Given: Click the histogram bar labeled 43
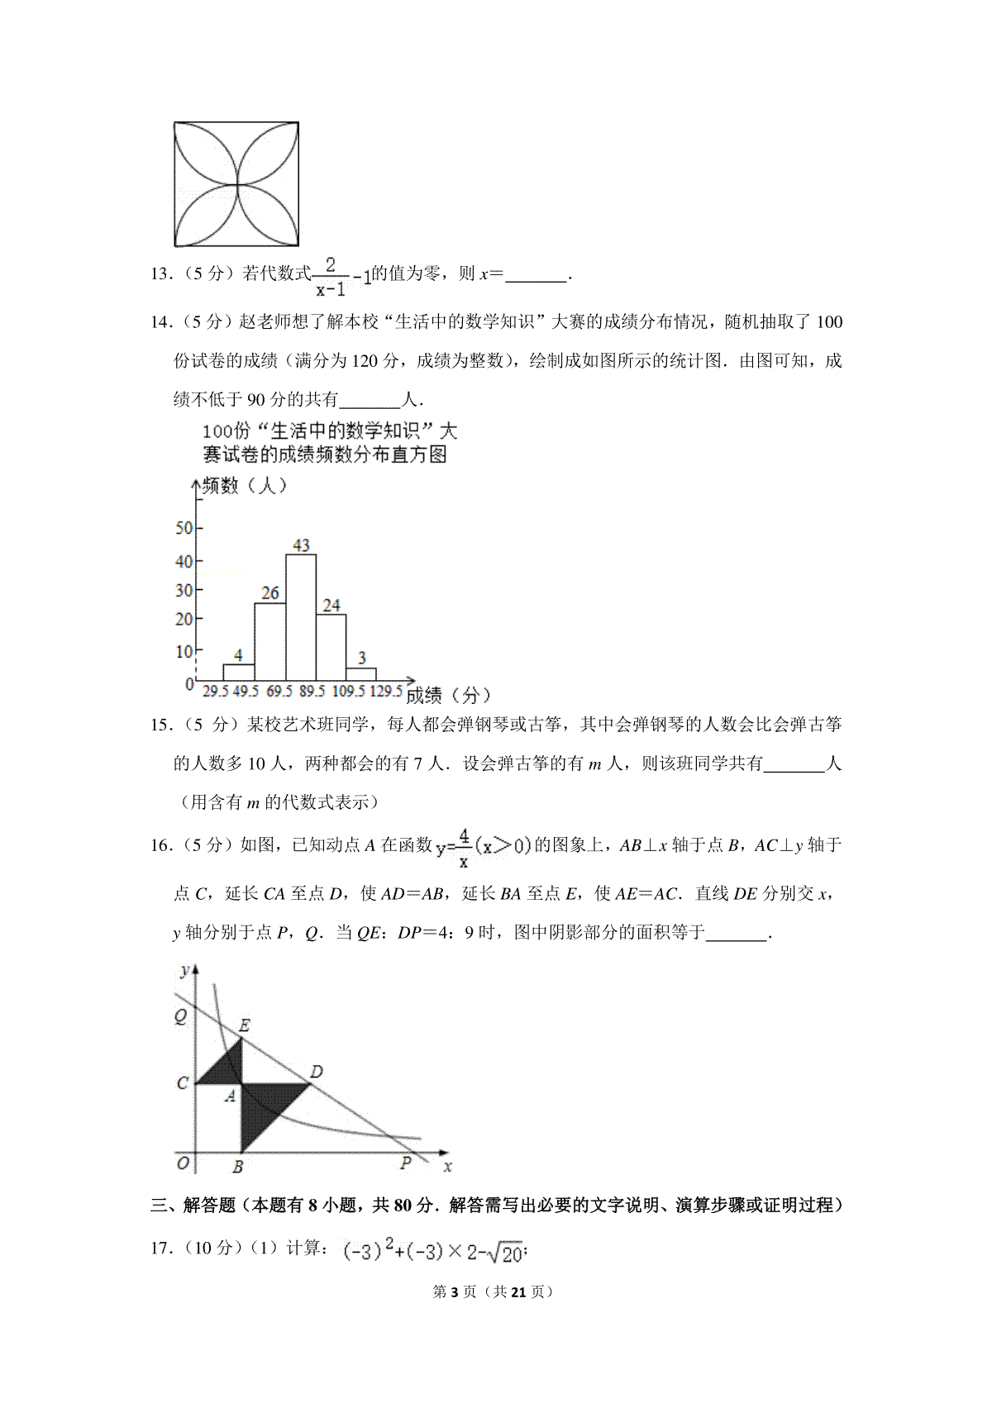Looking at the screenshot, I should [301, 616].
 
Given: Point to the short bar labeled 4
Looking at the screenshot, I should [238, 672].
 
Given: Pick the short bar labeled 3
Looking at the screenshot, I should [361, 674].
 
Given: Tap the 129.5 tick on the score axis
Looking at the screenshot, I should [385, 692].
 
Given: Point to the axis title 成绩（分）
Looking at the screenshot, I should [449, 695].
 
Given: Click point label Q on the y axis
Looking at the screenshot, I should [180, 1016].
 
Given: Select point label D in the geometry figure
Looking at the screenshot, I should [316, 1072].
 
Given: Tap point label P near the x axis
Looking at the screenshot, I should [405, 1163].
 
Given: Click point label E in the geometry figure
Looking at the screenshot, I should [244, 1025].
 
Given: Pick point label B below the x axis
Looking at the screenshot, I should [237, 1167].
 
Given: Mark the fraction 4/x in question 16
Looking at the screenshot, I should [465, 849].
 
